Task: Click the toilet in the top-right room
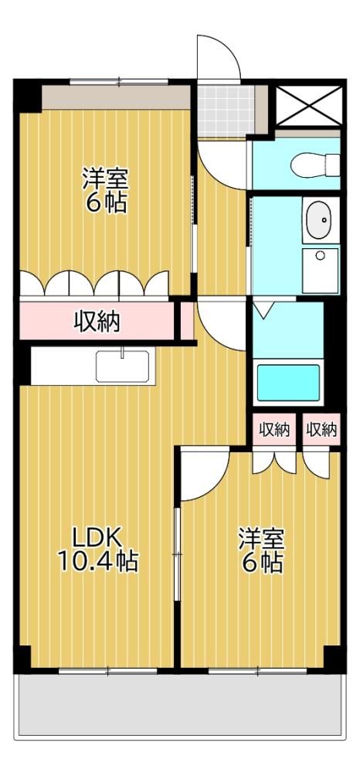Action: tap(315, 164)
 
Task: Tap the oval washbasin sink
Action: tap(321, 220)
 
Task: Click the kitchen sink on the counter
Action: tap(123, 366)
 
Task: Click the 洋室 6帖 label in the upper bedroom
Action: tap(105, 191)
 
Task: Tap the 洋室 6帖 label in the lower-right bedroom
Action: tap(262, 550)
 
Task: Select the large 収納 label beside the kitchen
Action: tap(97, 323)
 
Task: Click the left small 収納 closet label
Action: tap(274, 430)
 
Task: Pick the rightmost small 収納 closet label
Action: tap(322, 430)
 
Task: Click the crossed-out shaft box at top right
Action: tap(309, 105)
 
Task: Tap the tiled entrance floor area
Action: tap(226, 111)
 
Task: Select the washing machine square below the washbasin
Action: tap(321, 271)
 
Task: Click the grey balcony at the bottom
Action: tap(180, 706)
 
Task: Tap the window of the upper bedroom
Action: tap(119, 82)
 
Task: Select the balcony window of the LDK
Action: tap(108, 670)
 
